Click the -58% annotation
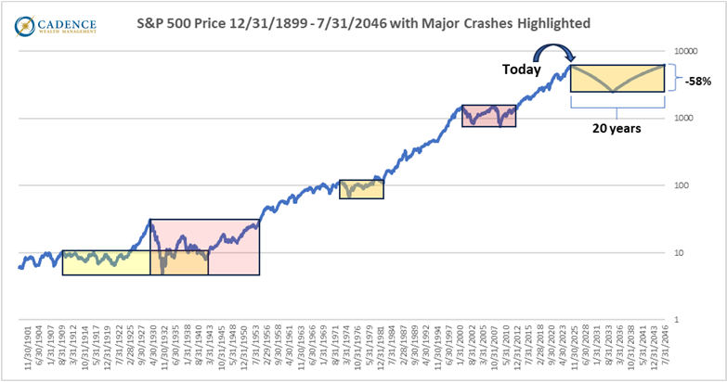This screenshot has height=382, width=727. pyautogui.click(x=698, y=81)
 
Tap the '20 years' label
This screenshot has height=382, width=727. pyautogui.click(x=617, y=130)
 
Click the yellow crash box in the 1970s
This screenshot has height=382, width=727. pyautogui.click(x=361, y=188)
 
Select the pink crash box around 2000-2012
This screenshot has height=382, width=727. pyautogui.click(x=488, y=115)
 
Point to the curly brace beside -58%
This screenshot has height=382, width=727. pyautogui.click(x=672, y=78)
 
